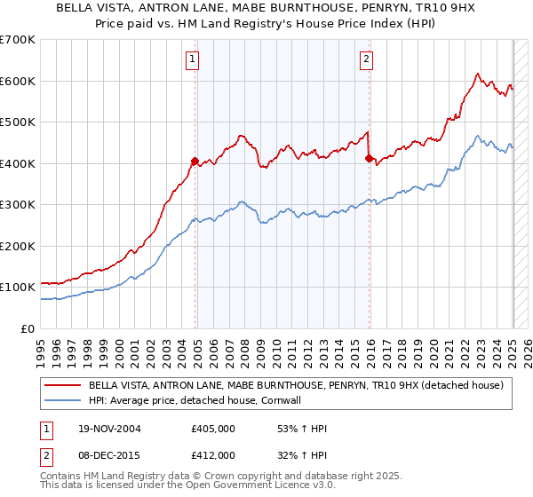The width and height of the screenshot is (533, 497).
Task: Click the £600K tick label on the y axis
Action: coord(18,81)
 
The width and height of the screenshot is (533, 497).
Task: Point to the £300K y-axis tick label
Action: coord(18,205)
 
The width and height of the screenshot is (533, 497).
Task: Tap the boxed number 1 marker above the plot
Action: coord(193,59)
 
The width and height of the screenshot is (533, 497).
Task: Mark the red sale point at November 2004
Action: coord(195,161)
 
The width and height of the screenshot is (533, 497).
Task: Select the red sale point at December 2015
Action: coord(369,158)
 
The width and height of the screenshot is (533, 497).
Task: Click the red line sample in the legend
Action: coord(65,385)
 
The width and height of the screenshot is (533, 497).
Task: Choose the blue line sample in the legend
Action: coord(65,400)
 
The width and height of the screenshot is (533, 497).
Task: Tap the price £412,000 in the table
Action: coord(213,454)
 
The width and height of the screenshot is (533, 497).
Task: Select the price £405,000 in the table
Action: coord(213,429)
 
